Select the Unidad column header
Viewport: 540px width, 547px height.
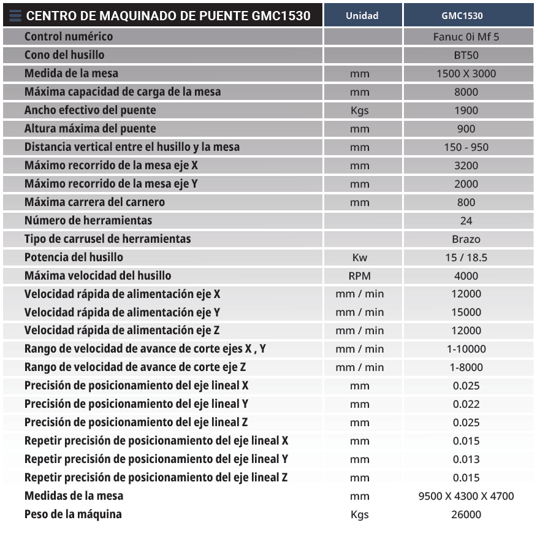click(362, 15)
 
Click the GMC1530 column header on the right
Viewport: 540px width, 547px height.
click(466, 15)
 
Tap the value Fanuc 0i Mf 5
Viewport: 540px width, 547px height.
click(466, 37)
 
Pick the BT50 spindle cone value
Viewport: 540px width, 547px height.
click(466, 55)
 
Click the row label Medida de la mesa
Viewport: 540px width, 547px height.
click(71, 74)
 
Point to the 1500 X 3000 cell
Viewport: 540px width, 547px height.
click(466, 74)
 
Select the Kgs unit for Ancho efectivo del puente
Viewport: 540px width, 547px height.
click(360, 110)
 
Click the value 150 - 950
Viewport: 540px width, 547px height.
click(466, 147)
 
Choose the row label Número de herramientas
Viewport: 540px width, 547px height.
click(88, 221)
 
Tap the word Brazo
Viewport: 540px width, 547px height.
click(466, 239)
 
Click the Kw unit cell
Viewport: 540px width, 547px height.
click(360, 258)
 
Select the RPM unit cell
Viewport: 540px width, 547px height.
click(360, 276)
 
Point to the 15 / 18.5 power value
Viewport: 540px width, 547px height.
click(466, 258)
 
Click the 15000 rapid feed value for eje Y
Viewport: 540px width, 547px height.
click(466, 312)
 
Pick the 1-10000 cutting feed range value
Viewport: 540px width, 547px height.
click(466, 349)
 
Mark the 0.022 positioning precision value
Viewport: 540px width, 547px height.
click(466, 404)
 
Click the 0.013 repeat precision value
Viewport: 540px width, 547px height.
click(466, 459)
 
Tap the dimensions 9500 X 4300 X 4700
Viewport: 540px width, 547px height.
click(466, 496)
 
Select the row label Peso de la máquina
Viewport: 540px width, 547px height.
click(73, 514)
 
